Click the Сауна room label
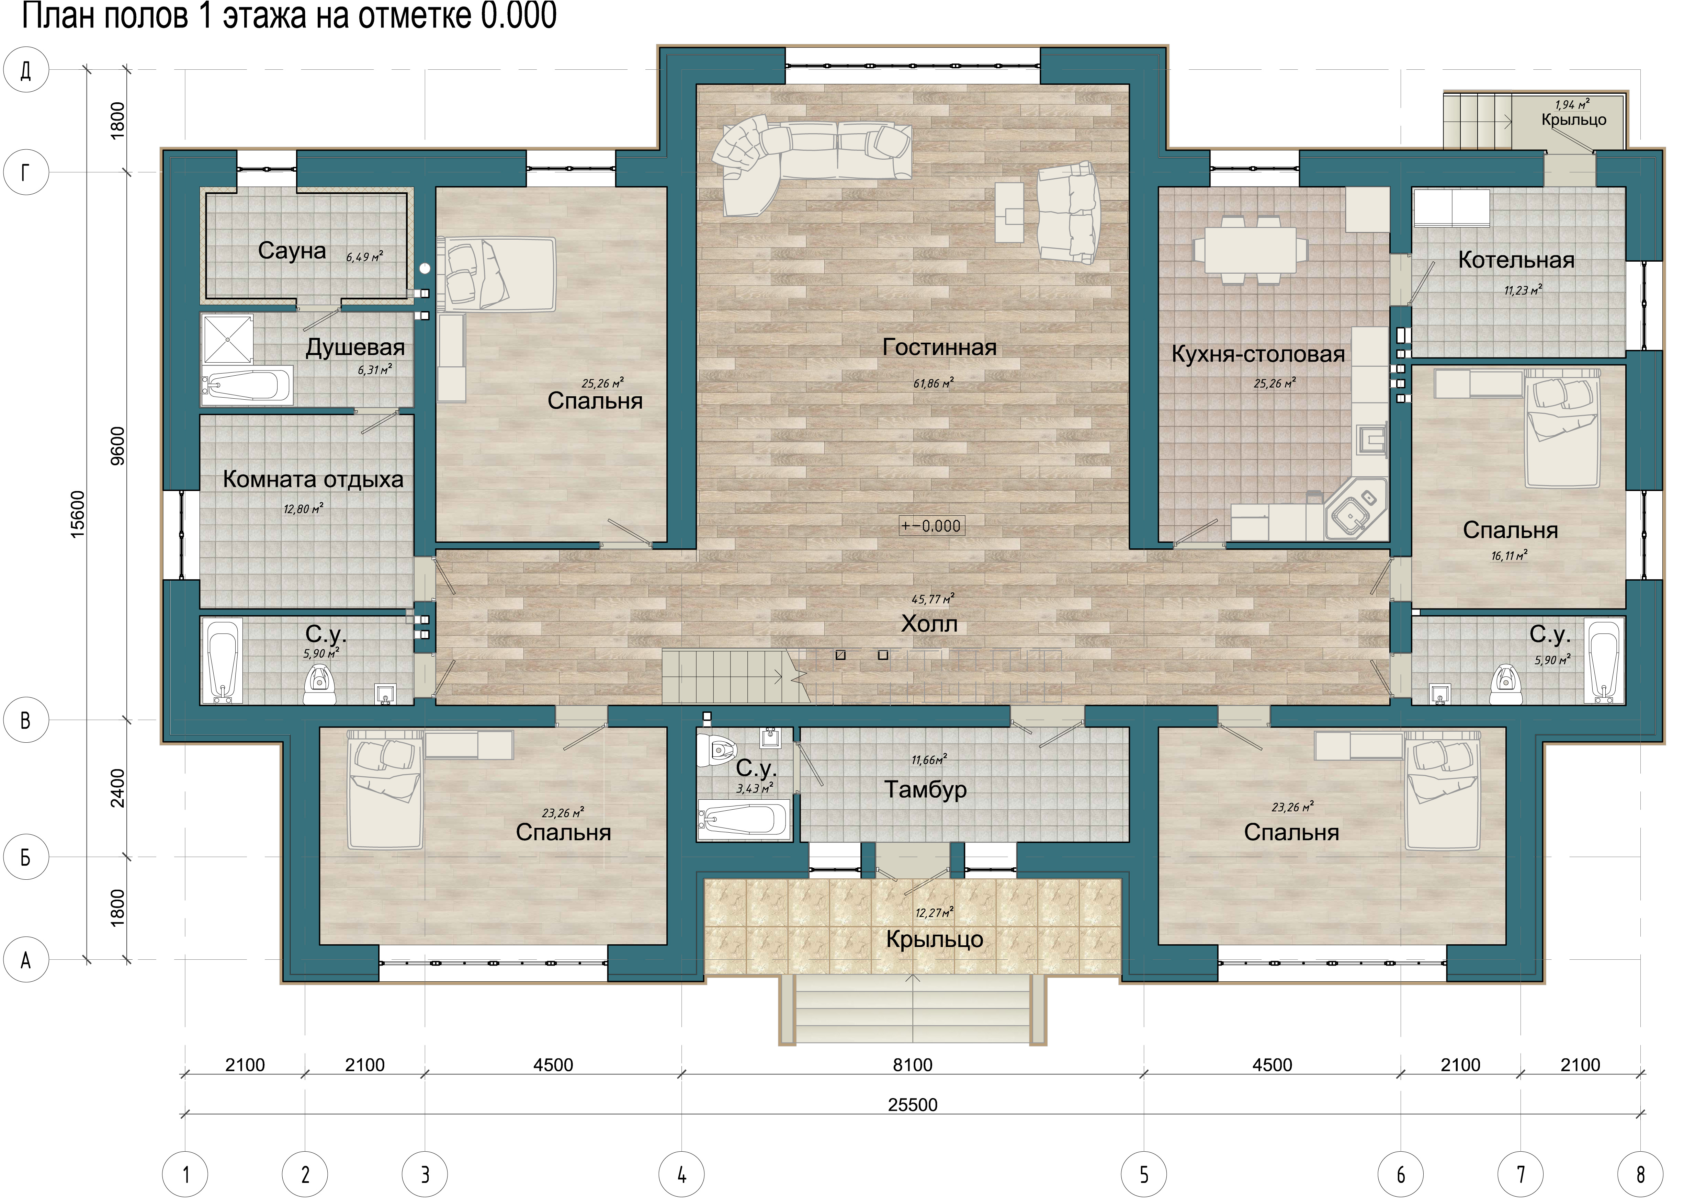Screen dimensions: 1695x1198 click(x=292, y=251)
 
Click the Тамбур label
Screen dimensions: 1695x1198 click(x=926, y=790)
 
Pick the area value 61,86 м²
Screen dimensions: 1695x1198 click(x=933, y=383)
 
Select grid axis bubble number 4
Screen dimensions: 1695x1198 click(x=681, y=1174)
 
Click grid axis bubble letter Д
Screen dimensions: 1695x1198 click(x=26, y=70)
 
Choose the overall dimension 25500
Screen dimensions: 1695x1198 click(x=913, y=1105)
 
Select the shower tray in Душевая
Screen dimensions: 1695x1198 click(x=227, y=340)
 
